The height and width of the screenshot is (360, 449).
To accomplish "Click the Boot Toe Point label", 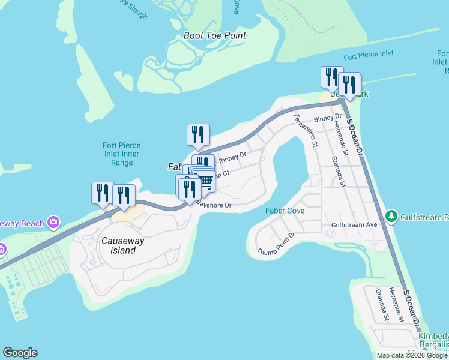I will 215,35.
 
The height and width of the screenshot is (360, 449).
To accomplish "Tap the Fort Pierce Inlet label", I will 369,54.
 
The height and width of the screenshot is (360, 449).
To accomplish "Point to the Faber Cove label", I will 285,211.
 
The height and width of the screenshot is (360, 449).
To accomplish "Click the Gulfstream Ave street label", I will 354,225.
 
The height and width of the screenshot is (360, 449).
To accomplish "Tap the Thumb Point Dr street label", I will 276,244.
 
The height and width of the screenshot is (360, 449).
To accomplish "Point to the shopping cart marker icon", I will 205,181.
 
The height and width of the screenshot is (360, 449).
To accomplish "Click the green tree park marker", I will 391,215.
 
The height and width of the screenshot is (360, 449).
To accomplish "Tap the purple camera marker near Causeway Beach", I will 54,223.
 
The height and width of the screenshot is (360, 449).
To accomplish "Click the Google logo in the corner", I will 20,353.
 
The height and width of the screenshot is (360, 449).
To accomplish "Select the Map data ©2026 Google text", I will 412,355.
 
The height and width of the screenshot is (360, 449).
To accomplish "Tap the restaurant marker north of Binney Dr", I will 198,135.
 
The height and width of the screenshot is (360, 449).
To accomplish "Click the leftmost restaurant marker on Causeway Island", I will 103,193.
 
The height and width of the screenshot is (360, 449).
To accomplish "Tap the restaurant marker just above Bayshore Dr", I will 189,188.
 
